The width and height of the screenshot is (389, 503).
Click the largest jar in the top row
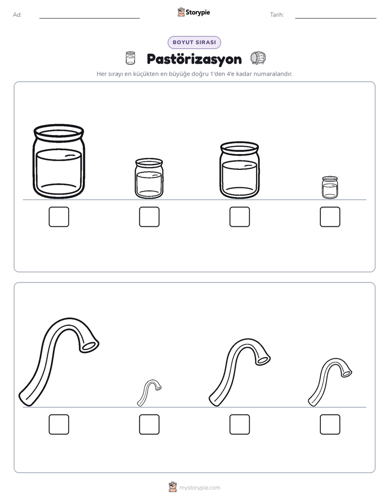[59, 161]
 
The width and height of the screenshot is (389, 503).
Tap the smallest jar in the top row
[330, 187]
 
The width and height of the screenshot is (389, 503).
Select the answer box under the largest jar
[59, 217]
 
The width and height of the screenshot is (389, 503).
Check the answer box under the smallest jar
[330, 217]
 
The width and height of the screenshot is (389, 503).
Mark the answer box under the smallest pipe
[149, 425]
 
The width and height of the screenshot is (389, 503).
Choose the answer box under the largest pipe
[59, 425]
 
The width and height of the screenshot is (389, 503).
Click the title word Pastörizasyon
[194, 59]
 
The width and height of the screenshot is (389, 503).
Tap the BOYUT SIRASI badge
[194, 42]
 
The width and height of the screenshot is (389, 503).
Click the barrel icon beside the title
[258, 58]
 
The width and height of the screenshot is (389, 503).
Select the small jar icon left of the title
[130, 58]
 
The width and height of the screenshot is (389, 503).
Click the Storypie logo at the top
[193, 12]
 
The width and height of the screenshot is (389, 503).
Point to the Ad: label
[17, 15]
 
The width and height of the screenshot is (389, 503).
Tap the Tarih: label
[277, 15]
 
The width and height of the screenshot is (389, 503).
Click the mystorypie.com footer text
[199, 488]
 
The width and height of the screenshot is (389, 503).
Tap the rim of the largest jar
[59, 131]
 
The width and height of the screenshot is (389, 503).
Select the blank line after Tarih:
[336, 19]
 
